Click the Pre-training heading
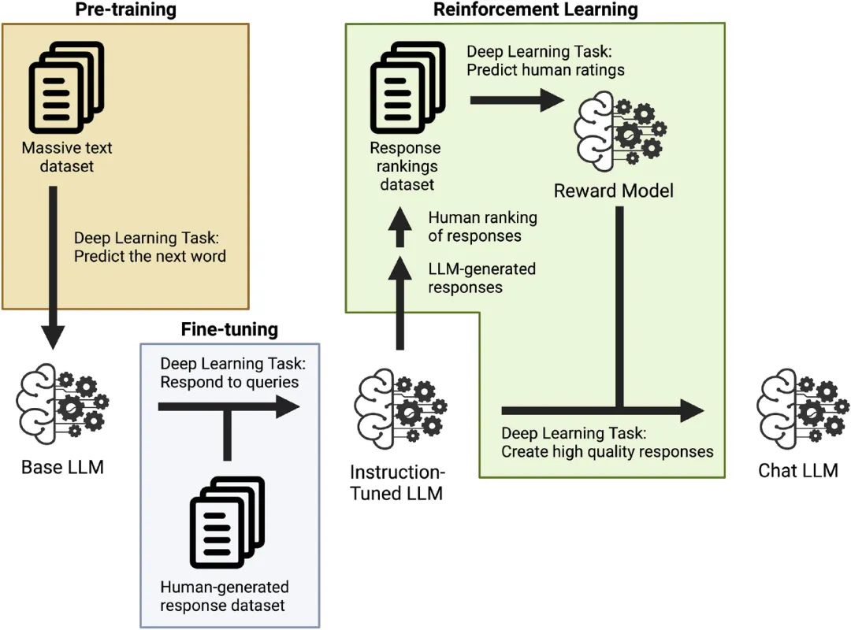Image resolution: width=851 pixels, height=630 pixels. click(x=125, y=10)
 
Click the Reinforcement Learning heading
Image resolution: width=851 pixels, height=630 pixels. click(x=536, y=10)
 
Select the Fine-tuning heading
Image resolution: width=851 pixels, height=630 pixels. click(x=229, y=329)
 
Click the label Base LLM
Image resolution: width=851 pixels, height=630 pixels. click(x=63, y=468)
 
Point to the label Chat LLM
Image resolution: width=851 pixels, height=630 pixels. click(x=798, y=471)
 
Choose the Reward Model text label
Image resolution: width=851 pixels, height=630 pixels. click(x=614, y=191)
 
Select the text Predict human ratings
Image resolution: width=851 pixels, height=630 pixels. click(x=545, y=70)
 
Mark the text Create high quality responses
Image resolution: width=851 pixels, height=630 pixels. click(x=608, y=452)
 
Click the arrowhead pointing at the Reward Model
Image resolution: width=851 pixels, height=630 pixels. click(x=549, y=99)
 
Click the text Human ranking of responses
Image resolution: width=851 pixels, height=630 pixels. click(x=482, y=226)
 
